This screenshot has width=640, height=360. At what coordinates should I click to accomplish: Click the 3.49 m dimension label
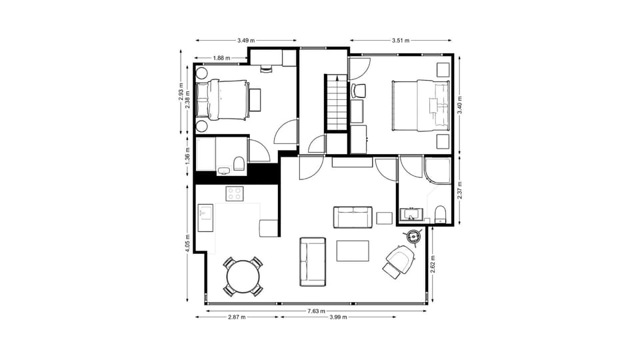tap(246, 41)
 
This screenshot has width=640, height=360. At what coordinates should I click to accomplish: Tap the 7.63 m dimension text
tap(317, 311)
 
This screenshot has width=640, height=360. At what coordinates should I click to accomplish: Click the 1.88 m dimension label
tap(221, 58)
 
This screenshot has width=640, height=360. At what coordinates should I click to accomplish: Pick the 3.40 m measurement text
tap(460, 104)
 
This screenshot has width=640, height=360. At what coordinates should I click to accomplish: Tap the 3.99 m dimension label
tap(339, 317)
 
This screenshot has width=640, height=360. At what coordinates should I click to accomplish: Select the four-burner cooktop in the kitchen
tap(235, 194)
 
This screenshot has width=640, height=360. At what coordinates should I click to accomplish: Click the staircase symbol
tap(336, 103)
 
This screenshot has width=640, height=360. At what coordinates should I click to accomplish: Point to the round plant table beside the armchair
tap(413, 235)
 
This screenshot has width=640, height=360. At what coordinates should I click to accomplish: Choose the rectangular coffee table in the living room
tap(353, 251)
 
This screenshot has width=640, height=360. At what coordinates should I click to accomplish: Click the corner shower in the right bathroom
tap(437, 171)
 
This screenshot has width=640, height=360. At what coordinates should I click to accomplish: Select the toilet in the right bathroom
tap(439, 214)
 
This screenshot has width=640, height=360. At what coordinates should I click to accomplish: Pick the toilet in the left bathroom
tap(239, 163)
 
